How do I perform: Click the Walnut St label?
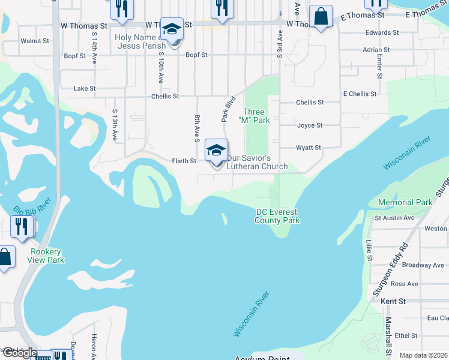tap(34, 41)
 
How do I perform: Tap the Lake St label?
tap(84, 88)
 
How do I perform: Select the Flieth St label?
tap(184, 161)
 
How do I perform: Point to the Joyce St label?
tap(310, 125)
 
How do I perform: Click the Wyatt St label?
tap(309, 148)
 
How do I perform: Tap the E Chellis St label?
tap(360, 94)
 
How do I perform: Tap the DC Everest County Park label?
tap(277, 216)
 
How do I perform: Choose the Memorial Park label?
tap(405, 202)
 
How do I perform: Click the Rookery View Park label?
tap(46, 256)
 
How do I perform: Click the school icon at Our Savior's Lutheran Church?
tap(216, 150)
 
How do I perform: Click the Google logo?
tap(19, 353)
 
